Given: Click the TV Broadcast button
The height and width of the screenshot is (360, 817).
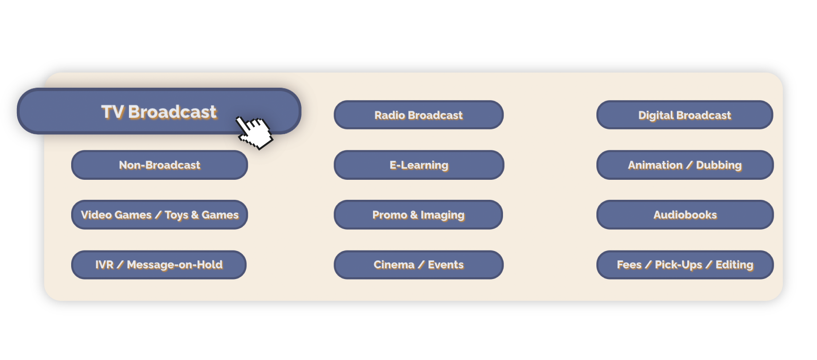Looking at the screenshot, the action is tap(159, 111).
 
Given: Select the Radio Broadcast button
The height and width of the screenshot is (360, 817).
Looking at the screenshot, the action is tap(419, 115).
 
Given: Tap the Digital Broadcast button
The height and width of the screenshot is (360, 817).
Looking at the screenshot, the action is tap(684, 115).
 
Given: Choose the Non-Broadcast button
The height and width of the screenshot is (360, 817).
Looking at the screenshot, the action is tap(159, 165).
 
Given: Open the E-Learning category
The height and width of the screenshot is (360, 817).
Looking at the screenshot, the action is tap(419, 165).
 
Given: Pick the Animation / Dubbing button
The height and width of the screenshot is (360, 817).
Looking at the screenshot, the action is tap(685, 165).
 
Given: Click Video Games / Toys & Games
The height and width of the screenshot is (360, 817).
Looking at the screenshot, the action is tap(159, 214).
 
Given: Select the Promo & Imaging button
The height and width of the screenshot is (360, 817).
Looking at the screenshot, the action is tap(418, 214).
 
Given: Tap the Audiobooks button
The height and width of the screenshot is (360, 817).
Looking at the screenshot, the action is tap(685, 214).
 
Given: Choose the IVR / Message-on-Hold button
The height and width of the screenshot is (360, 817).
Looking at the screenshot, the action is tap(159, 265).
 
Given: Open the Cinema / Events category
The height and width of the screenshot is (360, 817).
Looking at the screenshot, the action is tap(419, 265).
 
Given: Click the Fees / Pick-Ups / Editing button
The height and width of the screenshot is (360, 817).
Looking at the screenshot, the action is tap(685, 265).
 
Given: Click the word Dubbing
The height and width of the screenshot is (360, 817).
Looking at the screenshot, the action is tap(719, 166).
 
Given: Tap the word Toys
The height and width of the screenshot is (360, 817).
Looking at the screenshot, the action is tap(177, 215).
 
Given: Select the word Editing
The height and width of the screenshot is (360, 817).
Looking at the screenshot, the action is tap(734, 265).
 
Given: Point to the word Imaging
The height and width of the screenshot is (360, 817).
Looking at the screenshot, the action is tap(443, 215).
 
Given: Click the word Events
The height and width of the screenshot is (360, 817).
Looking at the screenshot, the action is tap(446, 265).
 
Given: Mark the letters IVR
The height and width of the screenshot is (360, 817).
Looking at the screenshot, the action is tap(105, 265).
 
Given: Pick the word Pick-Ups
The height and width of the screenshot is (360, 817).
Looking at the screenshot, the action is tap(678, 265).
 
